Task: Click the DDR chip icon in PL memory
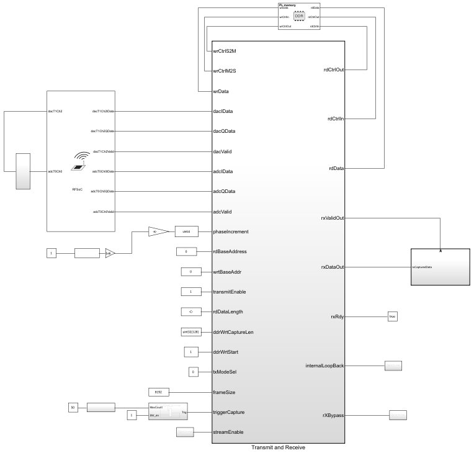298,16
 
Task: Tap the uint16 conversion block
186,231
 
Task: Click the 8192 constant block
159,392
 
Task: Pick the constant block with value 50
73,407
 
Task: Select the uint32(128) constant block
186,332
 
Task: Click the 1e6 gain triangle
109,253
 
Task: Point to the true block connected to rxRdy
392,316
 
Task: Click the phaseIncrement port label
231,231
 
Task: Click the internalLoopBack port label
325,366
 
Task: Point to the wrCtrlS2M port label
225,51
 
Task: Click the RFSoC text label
77,188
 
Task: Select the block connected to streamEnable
185,432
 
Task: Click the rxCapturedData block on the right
440,267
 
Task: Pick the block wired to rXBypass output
397,415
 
